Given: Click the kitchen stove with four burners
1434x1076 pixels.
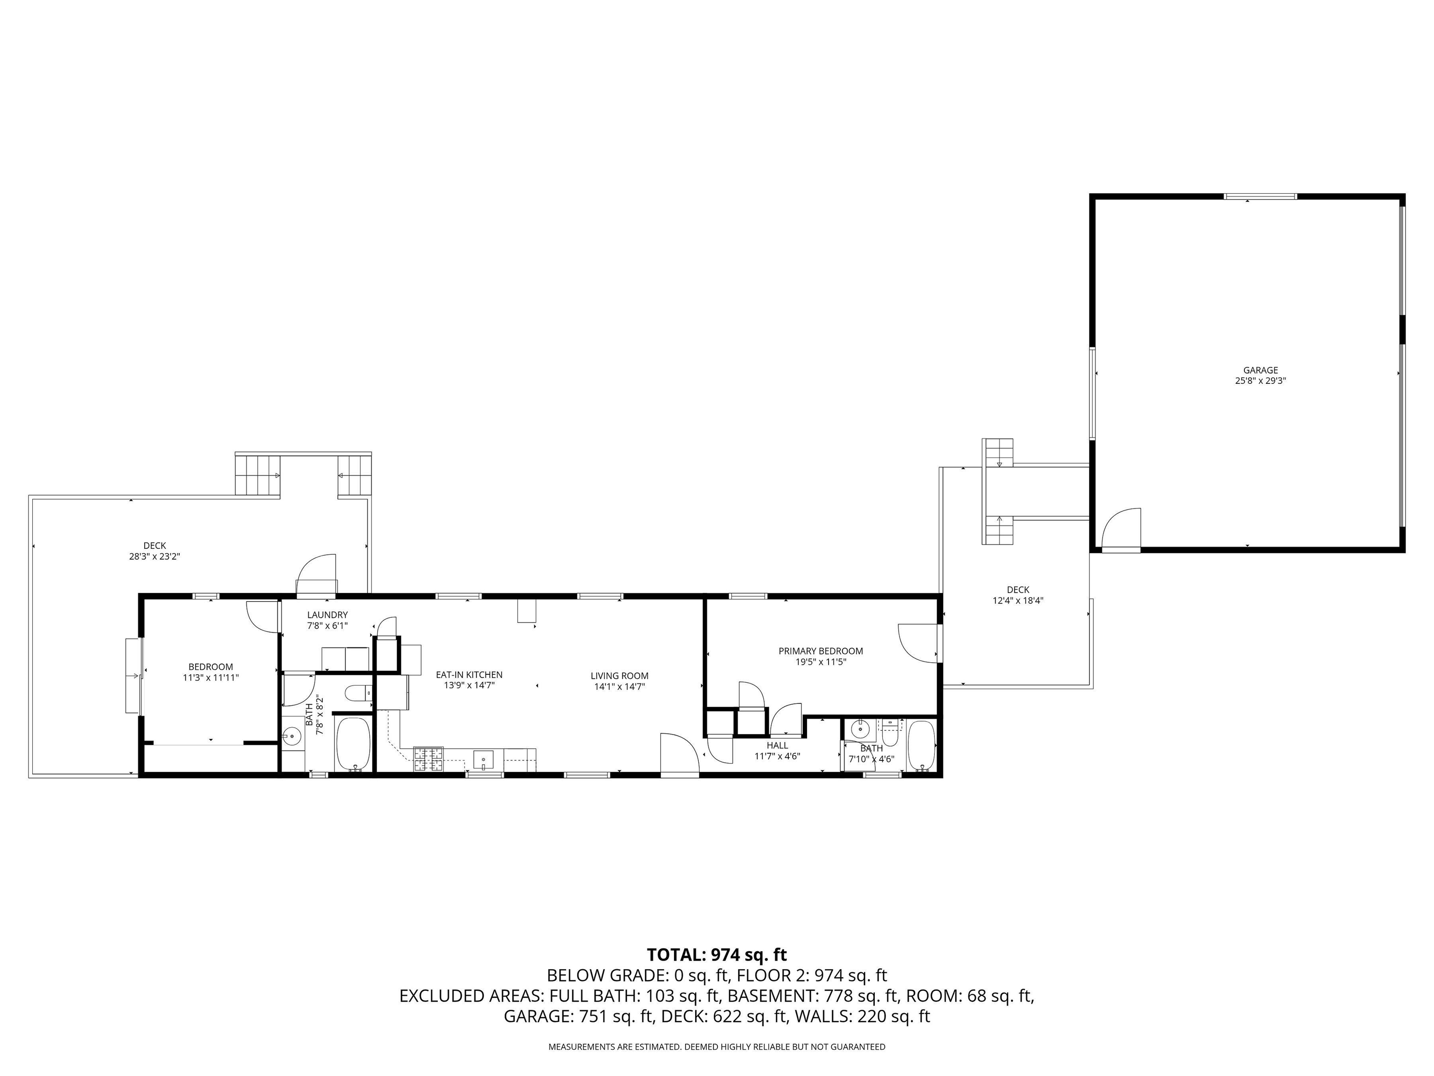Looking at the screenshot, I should coord(429,759).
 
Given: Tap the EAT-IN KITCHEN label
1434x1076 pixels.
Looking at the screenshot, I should coord(469,674).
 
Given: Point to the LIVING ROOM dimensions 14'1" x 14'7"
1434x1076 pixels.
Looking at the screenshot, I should coord(619,686).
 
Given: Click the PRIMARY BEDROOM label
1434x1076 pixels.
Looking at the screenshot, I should coord(820,651).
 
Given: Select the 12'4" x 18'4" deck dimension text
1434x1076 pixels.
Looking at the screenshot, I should coord(1017,601).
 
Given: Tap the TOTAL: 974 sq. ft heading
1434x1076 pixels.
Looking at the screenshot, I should coord(717,955).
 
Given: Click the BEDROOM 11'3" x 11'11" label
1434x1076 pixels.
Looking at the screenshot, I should coord(211,672).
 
